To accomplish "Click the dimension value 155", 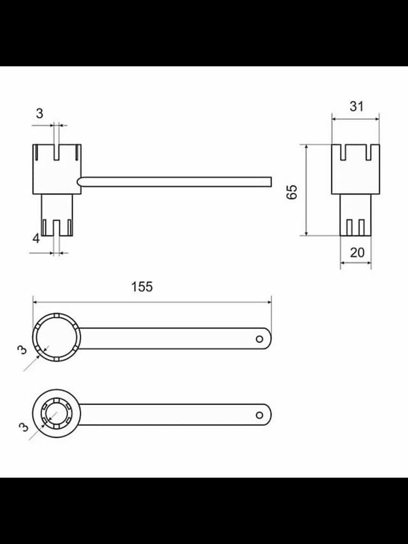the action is click(142, 287).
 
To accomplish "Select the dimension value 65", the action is click(292, 192).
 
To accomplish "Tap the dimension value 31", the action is click(356, 107).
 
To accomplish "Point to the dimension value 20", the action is click(357, 253).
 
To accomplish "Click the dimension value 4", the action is click(36, 239).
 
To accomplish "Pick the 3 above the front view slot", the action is click(40, 114).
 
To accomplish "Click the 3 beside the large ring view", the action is click(22, 350).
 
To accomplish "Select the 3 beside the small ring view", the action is click(24, 427).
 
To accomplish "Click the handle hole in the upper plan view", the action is click(259, 339).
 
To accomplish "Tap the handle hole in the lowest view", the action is click(259, 415).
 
